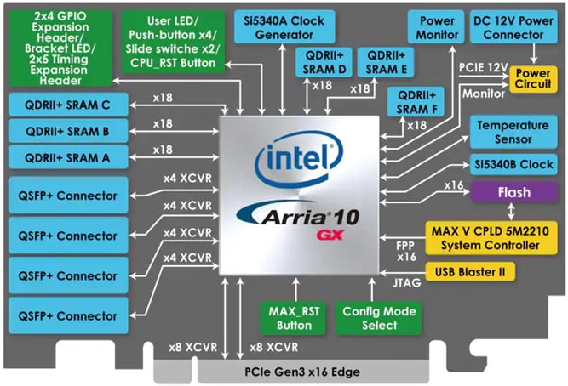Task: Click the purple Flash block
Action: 519,193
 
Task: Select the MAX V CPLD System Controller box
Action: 494,236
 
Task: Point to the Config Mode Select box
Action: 377,317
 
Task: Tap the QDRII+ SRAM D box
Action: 321,62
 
